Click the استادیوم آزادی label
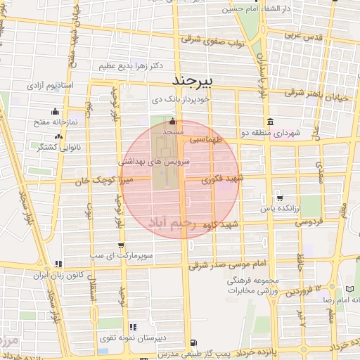50,85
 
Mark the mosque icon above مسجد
173,120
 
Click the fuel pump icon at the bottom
193,342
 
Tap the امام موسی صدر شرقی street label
229,263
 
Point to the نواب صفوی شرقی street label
211,40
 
